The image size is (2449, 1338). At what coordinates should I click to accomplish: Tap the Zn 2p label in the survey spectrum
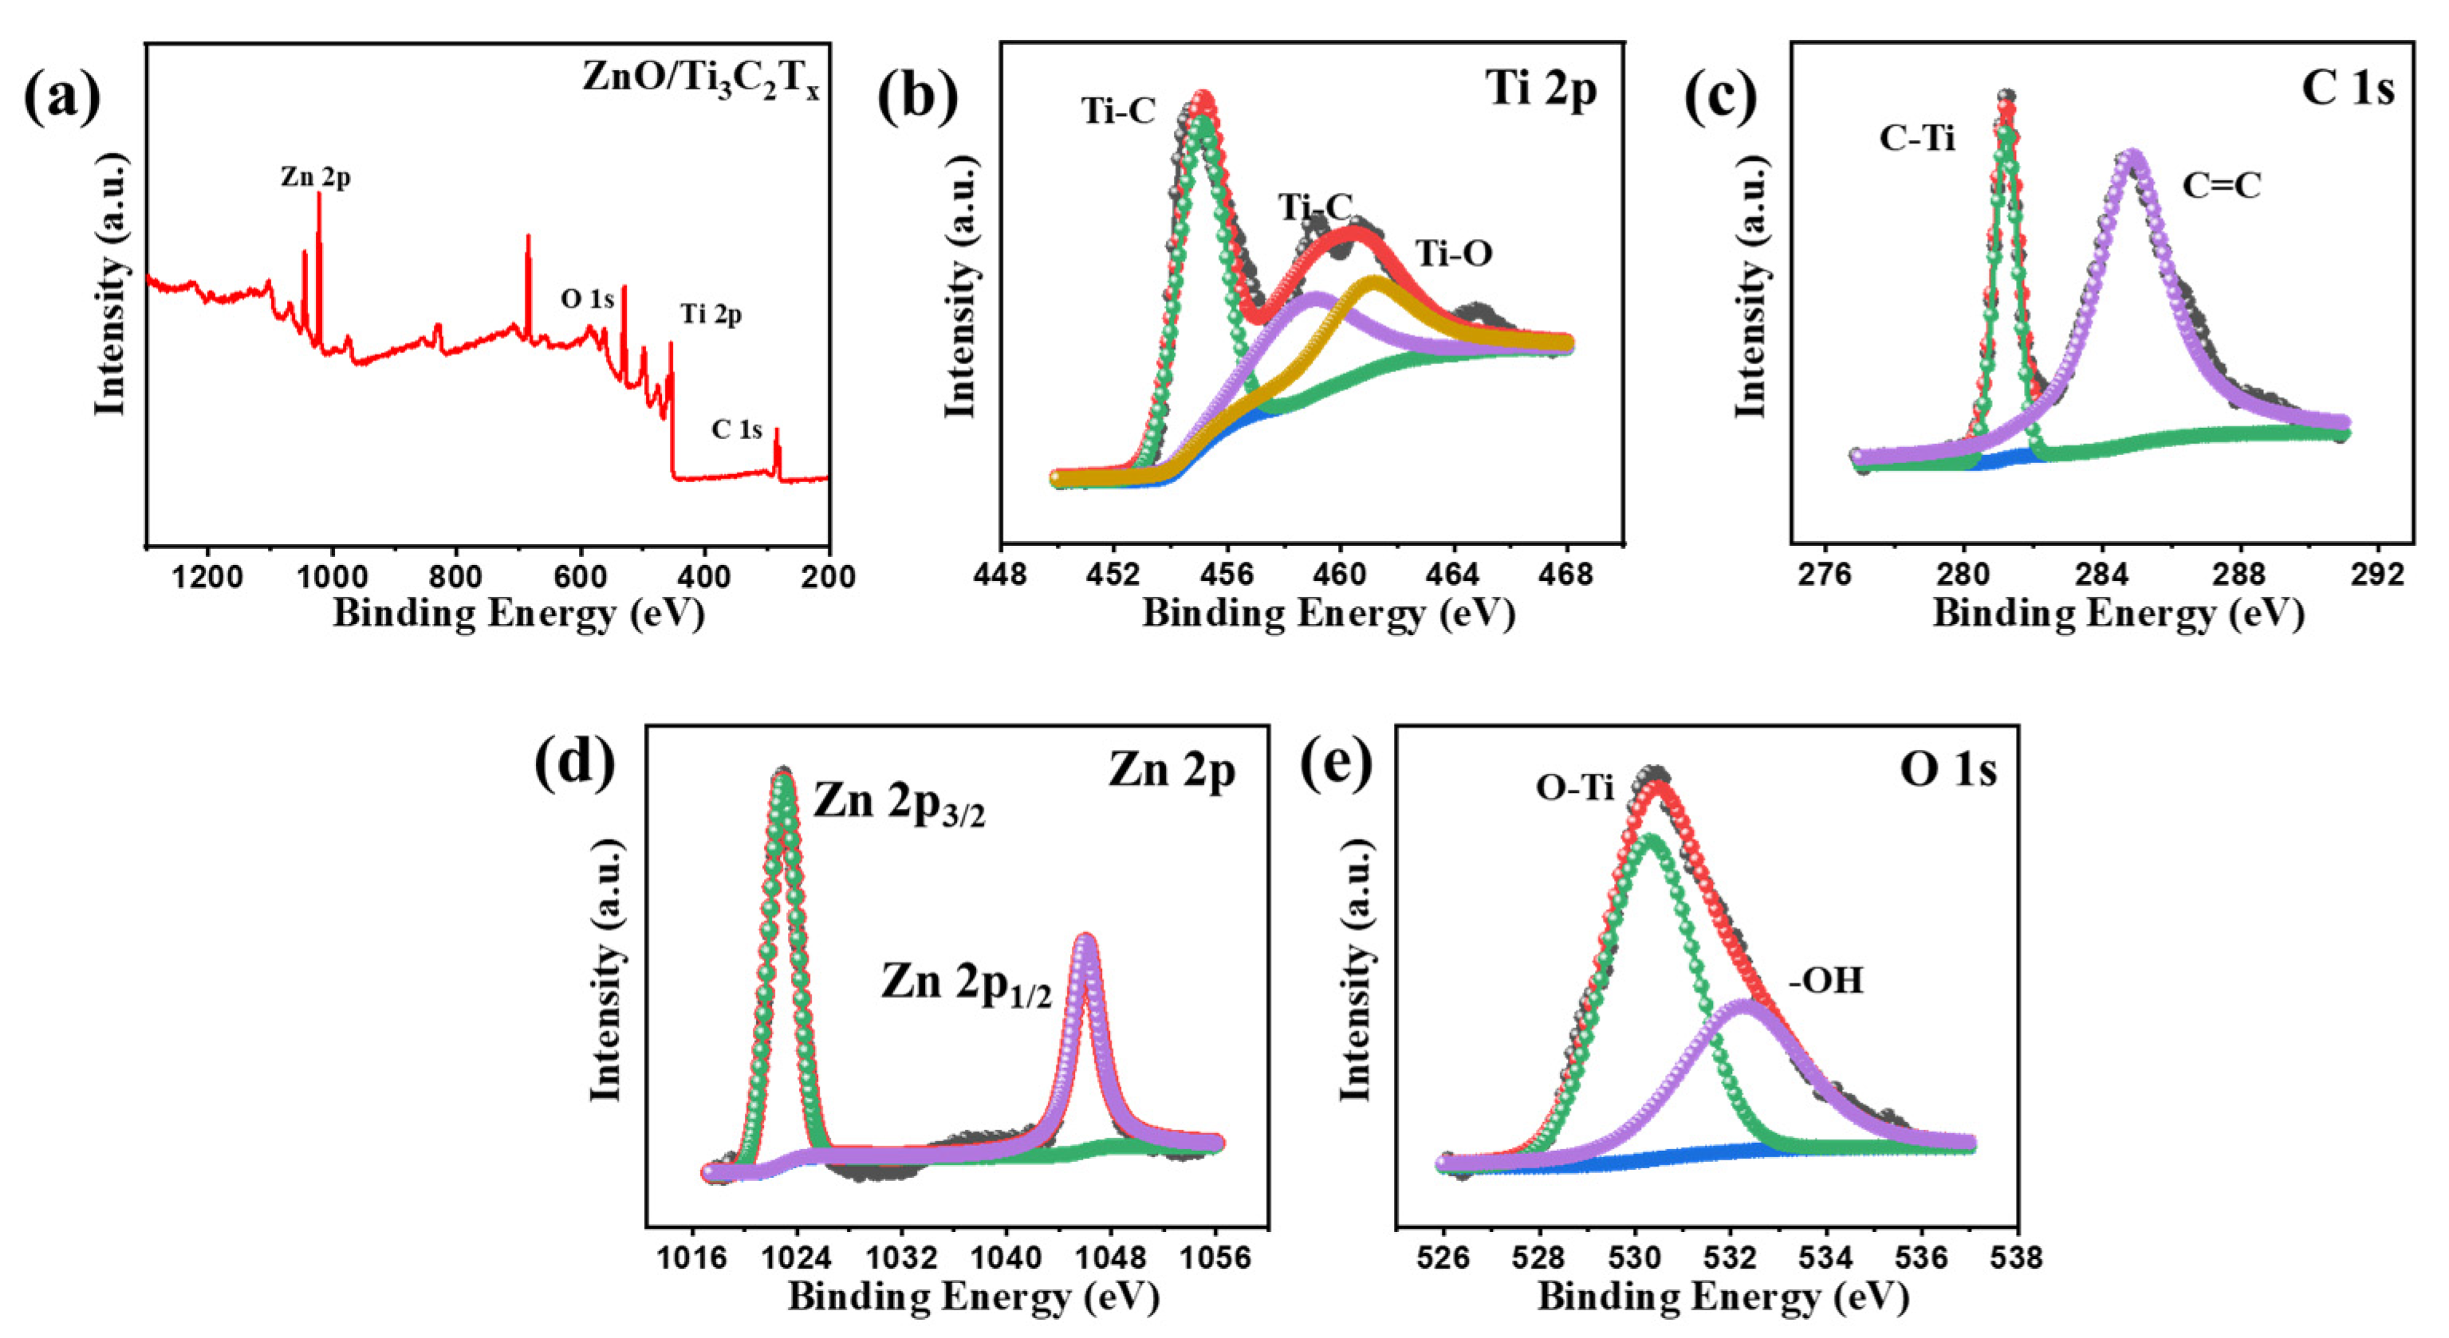[x=315, y=177]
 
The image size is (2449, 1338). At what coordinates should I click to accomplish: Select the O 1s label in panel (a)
[x=587, y=300]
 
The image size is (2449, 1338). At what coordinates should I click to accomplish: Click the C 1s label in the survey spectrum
[x=737, y=430]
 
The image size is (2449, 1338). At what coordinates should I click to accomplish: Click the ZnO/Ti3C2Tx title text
[x=701, y=79]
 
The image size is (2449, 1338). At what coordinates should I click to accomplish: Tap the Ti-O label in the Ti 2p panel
[x=1454, y=253]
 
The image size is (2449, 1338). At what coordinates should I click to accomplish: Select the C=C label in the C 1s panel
[x=2221, y=186]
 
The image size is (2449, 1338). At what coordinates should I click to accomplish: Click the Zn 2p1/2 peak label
[x=966, y=983]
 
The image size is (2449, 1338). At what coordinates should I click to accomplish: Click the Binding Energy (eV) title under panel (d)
[x=974, y=1298]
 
